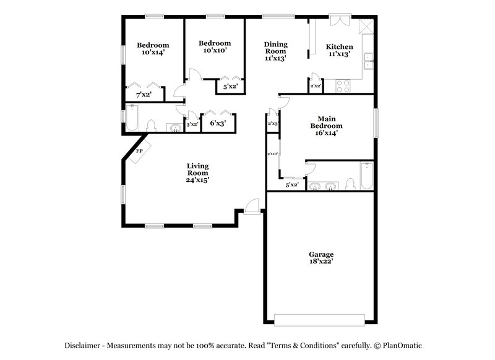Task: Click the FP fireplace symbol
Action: [x=139, y=151]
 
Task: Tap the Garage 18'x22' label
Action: [x=321, y=258]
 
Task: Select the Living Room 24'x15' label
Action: [x=198, y=173]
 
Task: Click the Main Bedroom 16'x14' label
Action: [x=326, y=122]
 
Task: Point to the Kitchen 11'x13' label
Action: [x=340, y=50]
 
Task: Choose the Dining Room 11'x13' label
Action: [x=276, y=51]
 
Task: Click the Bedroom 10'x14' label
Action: [x=153, y=49]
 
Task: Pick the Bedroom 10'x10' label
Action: [x=214, y=46]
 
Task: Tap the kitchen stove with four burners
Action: [x=343, y=87]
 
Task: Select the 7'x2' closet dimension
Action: [x=145, y=95]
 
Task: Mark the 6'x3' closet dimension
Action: [x=218, y=123]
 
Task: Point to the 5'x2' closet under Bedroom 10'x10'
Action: [x=230, y=87]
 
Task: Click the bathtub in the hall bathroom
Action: [x=132, y=118]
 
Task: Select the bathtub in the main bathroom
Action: [x=367, y=176]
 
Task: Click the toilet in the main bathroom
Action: [x=350, y=184]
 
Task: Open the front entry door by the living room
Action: [x=252, y=207]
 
